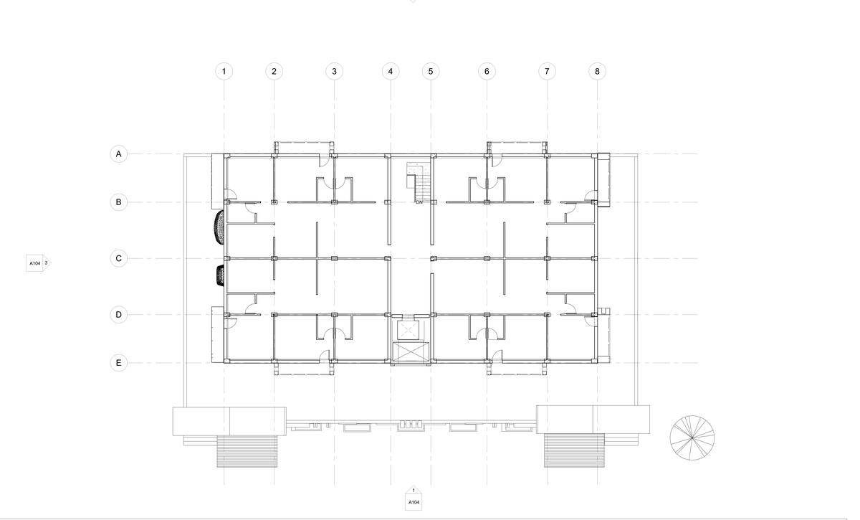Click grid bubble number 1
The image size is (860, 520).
pos(224,72)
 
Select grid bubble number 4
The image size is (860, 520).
pos(391,72)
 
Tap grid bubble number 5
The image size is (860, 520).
pos(431,72)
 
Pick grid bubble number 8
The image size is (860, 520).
pos(597,72)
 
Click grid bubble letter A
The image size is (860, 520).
pos(119,154)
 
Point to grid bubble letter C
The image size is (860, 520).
pos(119,258)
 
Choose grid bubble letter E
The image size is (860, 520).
pos(119,363)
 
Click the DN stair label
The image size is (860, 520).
pos(419,202)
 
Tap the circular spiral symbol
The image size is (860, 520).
pos(692,438)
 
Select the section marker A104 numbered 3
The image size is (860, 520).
pos(38,263)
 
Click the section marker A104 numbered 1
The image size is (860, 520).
pos(414,498)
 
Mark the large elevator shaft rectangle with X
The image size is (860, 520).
pos(411,352)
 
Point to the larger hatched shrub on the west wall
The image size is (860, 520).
pos(219,227)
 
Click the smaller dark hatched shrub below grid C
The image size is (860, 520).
pos(220,275)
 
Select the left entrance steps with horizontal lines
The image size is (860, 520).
pos(247,451)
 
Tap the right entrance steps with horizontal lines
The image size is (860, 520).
pos(574,450)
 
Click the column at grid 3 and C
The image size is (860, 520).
pos(334,259)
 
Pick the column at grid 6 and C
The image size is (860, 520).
pos(487,259)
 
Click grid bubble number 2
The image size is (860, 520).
pos(274,72)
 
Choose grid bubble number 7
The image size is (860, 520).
pos(547,72)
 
